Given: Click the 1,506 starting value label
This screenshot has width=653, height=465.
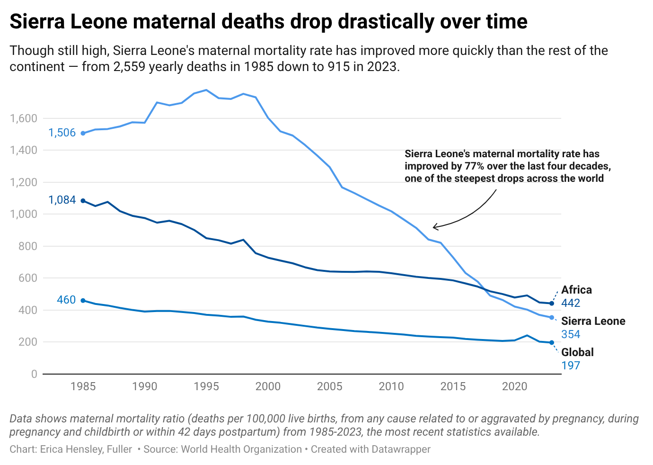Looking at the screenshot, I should pos(62,133).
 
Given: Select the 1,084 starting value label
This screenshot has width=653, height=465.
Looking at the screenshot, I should pos(62,200).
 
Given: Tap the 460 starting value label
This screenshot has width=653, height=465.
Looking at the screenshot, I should pos(66,300).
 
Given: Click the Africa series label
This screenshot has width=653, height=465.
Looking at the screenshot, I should pos(576,290).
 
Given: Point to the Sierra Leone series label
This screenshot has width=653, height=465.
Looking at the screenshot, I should pos(593,321).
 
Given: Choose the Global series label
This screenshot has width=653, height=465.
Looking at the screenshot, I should pos(577,352).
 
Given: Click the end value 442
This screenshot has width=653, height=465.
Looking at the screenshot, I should pos(571,303).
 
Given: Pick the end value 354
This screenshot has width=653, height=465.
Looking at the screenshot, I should pos(571,334).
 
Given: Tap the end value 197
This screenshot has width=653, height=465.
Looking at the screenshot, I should pos(571,366).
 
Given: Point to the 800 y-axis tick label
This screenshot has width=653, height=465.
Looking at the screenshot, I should pos(28,246).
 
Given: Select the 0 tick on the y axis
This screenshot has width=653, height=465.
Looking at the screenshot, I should pos(34,374).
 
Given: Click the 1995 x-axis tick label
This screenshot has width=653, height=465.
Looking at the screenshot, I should pos(206,386).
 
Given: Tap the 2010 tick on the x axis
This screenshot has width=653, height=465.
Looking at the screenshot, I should pos(391,386).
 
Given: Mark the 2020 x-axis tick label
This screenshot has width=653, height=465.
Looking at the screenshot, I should pos(514,386).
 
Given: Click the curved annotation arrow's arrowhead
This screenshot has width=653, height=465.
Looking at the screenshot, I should pos(434,227).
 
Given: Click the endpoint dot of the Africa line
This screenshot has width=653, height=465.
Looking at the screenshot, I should pos(552,303).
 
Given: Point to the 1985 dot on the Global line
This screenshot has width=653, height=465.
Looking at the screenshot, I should pos(83,300).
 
